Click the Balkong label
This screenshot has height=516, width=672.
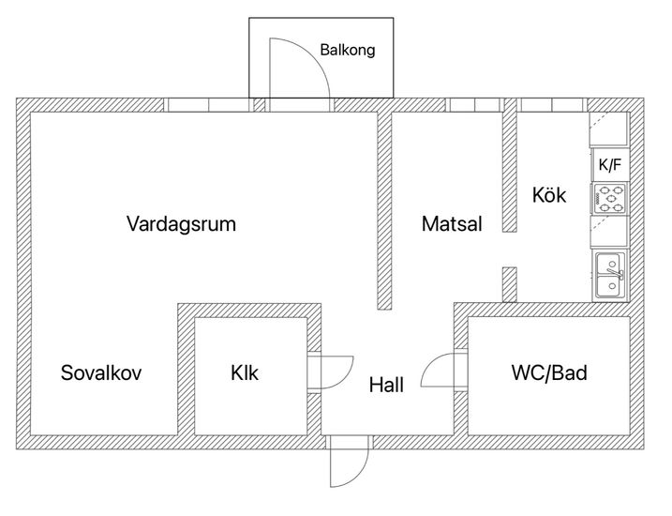[x=348, y=50]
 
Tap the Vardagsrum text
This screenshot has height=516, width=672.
[x=181, y=224]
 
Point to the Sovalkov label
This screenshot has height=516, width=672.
[x=101, y=372]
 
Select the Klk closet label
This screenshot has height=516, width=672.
[x=245, y=372]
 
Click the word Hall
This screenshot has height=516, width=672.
[x=386, y=385]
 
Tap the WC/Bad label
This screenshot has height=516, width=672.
[x=549, y=372]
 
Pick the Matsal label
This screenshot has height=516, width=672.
[x=452, y=224]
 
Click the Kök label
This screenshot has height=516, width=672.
[x=549, y=195]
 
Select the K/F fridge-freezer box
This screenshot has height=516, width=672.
[x=610, y=165]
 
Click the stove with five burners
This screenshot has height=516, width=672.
[x=610, y=199]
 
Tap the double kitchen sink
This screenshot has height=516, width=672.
[x=610, y=277]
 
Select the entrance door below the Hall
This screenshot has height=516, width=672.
[x=350, y=461]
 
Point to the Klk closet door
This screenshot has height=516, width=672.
[x=331, y=372]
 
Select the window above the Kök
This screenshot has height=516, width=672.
[x=552, y=105]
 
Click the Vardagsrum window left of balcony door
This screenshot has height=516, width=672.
[x=208, y=105]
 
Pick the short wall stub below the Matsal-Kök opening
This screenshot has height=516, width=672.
[x=510, y=284]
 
